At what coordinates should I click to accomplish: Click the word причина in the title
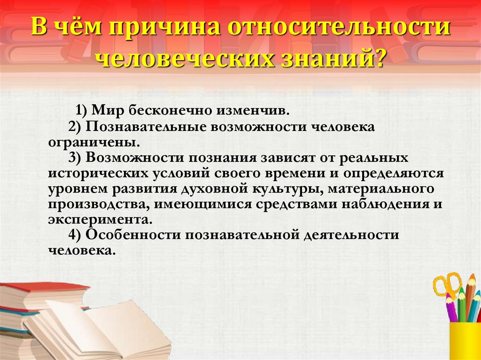tap(164, 27)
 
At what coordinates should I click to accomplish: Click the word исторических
tap(98, 173)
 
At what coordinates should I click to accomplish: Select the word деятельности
tap(351, 235)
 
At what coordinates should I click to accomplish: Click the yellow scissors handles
tap(447, 284)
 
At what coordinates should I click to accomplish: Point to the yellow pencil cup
tap(465, 340)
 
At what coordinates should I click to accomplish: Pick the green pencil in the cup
tap(462, 305)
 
